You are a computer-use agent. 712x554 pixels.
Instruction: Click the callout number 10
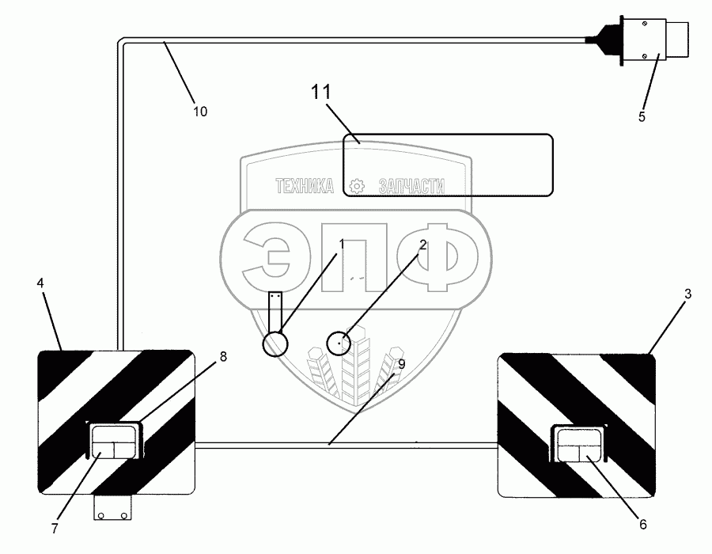tap(200, 112)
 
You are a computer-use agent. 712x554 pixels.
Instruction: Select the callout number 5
tap(642, 117)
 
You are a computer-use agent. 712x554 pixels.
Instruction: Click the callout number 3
tap(688, 294)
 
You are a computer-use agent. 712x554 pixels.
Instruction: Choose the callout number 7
tap(55, 529)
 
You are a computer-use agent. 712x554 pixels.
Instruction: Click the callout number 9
tap(401, 364)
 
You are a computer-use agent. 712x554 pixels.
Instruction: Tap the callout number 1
tap(343, 245)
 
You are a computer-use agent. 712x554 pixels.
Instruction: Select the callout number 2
tap(423, 245)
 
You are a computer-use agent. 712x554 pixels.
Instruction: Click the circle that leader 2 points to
tap(339, 343)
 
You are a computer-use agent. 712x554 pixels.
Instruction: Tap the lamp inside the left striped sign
tap(115, 441)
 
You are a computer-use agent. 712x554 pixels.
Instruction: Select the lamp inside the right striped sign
tap(579, 443)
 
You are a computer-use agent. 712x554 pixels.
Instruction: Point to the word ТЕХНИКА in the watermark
tap(305, 187)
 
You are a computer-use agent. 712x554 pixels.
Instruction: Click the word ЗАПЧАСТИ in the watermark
tap(411, 187)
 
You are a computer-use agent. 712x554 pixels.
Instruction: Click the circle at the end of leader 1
tap(276, 343)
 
